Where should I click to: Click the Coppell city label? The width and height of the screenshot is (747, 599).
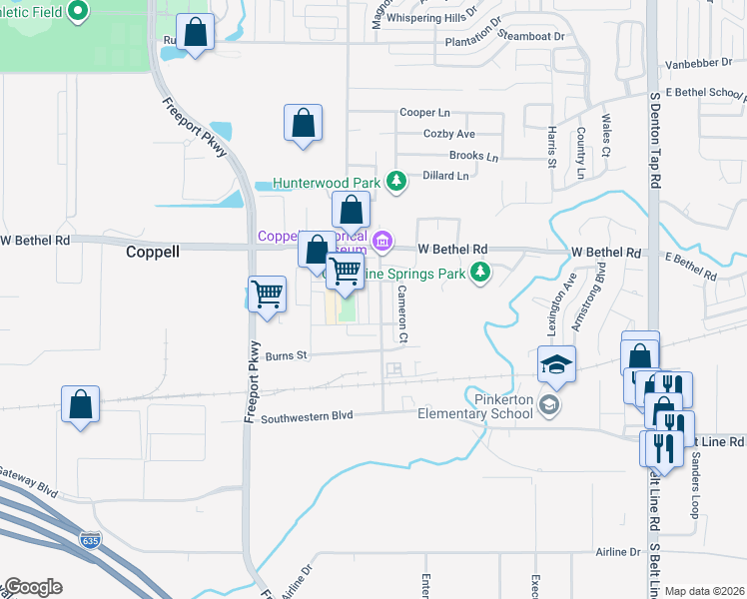pyautogui.click(x=152, y=252)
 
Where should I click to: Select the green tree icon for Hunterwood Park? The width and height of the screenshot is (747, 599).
pyautogui.click(x=396, y=181)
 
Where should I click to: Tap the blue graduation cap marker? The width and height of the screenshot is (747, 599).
pyautogui.click(x=557, y=365)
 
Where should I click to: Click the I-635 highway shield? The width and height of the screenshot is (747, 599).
pyautogui.click(x=90, y=540)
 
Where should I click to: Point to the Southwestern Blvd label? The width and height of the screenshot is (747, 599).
pyautogui.click(x=308, y=418)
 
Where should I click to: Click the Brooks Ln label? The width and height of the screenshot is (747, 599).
pyautogui.click(x=473, y=156)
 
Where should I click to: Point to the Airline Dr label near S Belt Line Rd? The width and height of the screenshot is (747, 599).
pyautogui.click(x=618, y=552)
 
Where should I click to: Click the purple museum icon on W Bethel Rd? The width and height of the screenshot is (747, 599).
pyautogui.click(x=381, y=241)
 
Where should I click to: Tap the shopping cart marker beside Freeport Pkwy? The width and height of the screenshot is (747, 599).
pyautogui.click(x=267, y=296)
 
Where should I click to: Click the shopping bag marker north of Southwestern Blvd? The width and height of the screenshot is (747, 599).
pyautogui.click(x=80, y=405)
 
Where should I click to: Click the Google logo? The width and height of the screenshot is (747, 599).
pyautogui.click(x=32, y=587)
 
